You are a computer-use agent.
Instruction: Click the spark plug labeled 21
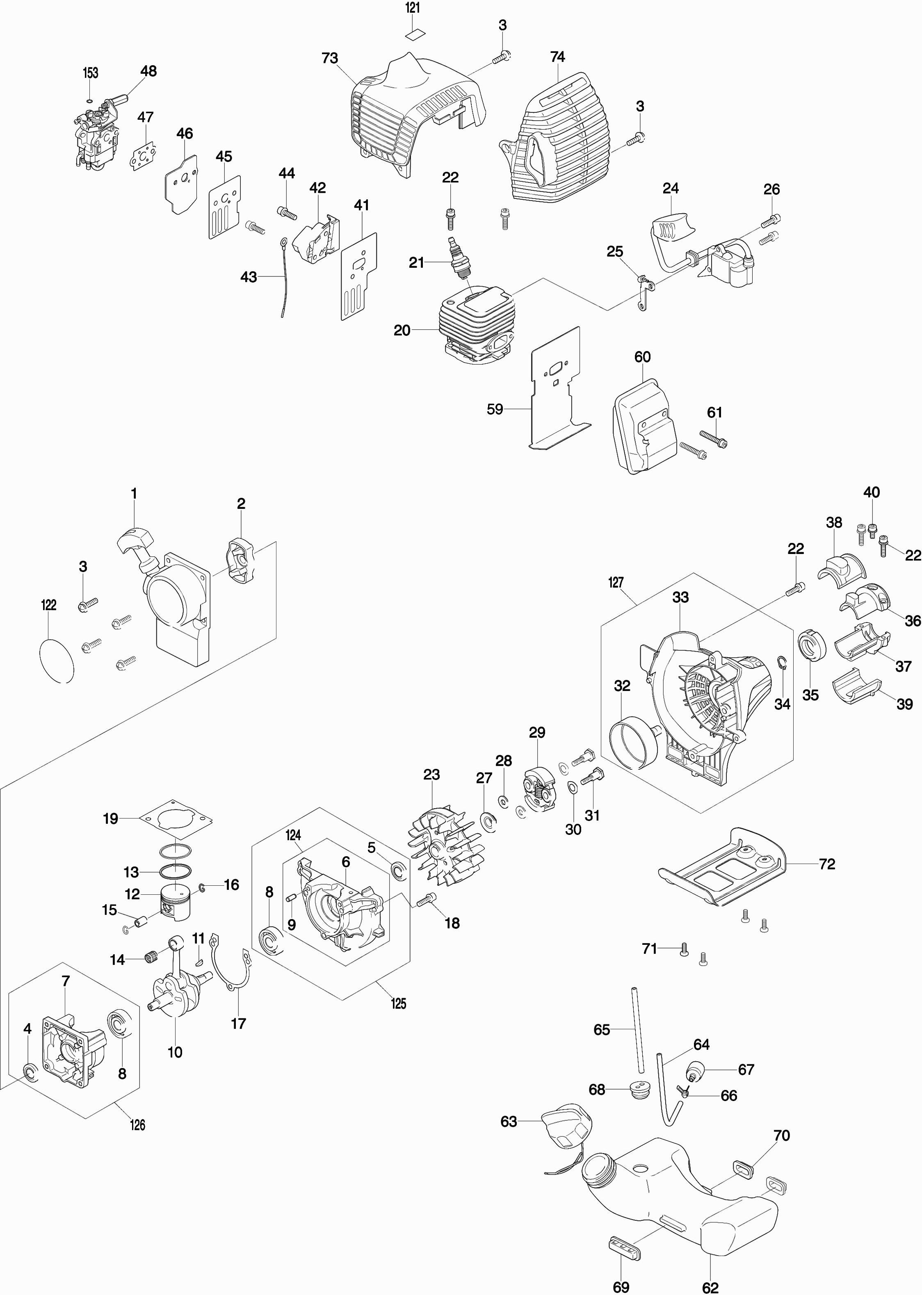click(460, 258)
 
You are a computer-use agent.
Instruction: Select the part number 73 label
click(330, 59)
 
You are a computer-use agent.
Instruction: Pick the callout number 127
click(616, 583)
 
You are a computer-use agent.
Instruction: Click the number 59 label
click(495, 409)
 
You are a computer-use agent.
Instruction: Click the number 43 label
click(249, 277)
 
